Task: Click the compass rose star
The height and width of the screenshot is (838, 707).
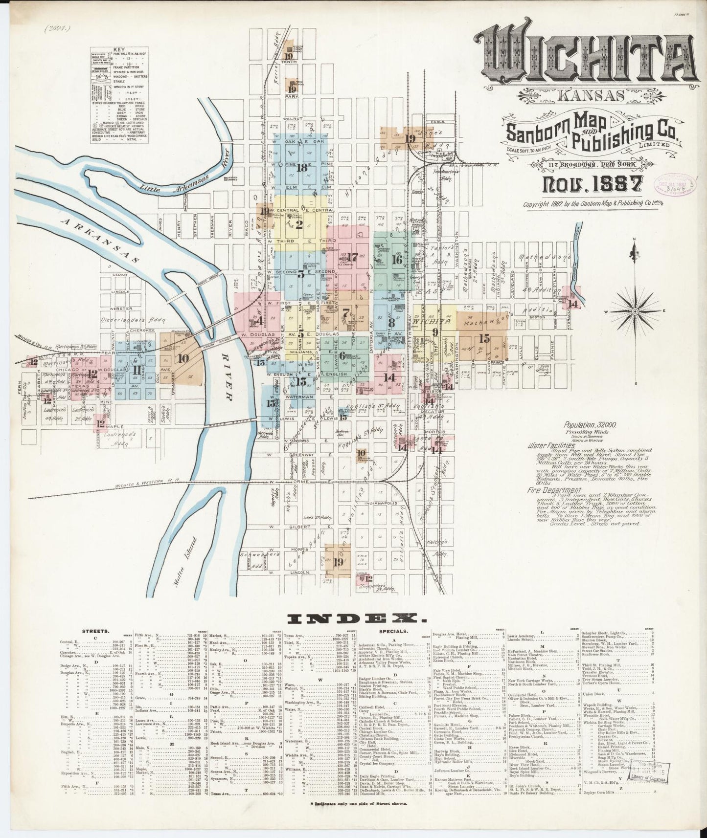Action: pyautogui.click(x=635, y=311)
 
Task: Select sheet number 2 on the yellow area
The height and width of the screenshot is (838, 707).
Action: pyautogui.click(x=299, y=225)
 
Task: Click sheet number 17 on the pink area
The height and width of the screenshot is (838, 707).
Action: pyautogui.click(x=352, y=256)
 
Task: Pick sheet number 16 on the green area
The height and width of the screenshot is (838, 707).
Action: pyautogui.click(x=396, y=260)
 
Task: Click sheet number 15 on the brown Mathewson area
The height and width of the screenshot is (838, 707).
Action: pyautogui.click(x=484, y=338)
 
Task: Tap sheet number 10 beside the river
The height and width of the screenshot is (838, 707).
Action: pyautogui.click(x=183, y=358)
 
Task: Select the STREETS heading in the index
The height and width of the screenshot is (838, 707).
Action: pyautogui.click(x=93, y=631)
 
